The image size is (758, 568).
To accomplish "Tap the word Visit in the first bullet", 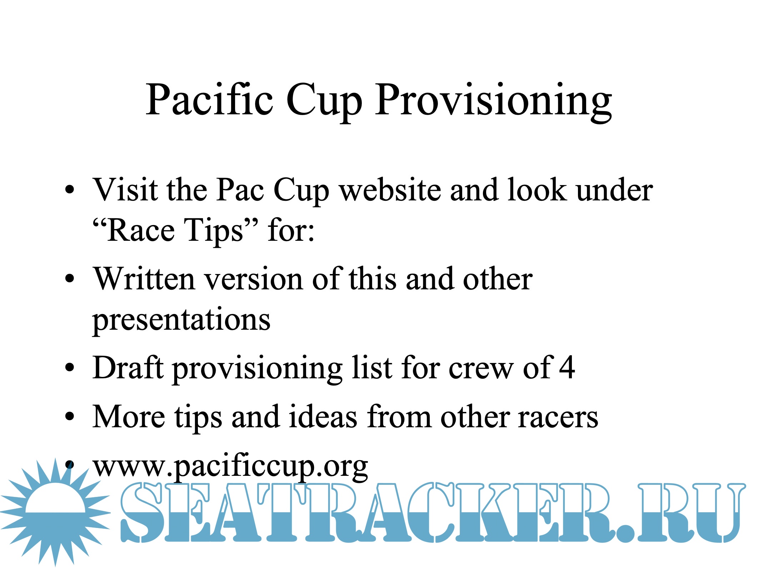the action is [x=125, y=190].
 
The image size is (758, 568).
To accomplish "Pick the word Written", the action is [x=144, y=279].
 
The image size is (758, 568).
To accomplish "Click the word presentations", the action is [x=181, y=320].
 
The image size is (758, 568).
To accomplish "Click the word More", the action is [x=129, y=417].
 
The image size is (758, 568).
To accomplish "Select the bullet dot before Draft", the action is [x=70, y=368].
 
